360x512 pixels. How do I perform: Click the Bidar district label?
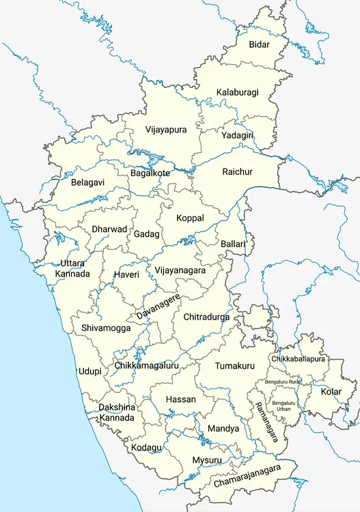point(259,45)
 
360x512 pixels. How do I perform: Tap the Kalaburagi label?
point(237,92)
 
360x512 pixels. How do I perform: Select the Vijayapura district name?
point(165,129)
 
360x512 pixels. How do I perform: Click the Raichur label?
point(237,171)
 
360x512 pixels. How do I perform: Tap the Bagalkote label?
point(150,173)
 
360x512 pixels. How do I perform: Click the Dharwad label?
point(109,229)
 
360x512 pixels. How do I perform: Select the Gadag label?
point(146,234)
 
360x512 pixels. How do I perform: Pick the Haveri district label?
point(126,274)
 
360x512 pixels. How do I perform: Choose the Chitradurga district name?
point(206,317)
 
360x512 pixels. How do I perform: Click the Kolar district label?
point(331,391)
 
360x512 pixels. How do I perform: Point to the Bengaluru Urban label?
point(283,406)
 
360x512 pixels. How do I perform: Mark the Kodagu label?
point(147,447)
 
